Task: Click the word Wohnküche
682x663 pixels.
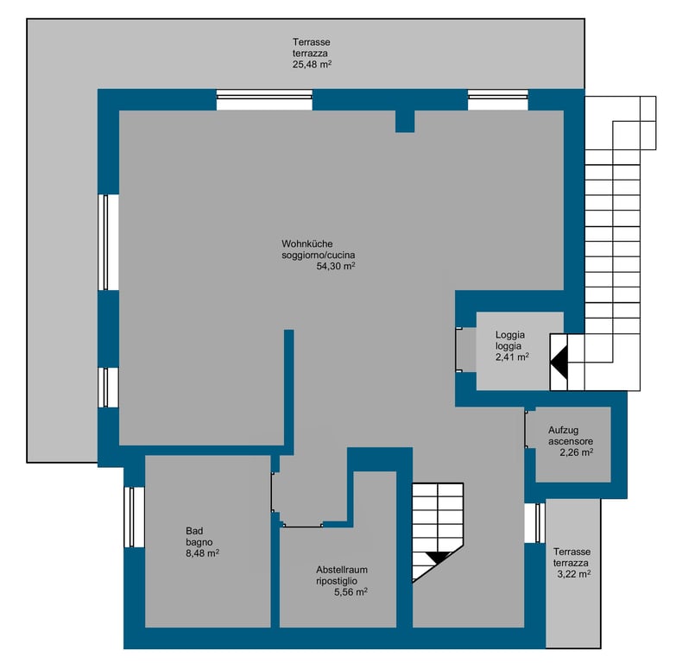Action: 307,244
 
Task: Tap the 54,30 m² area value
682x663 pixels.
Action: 336,266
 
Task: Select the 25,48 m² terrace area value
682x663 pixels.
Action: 313,65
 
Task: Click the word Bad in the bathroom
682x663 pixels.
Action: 194,531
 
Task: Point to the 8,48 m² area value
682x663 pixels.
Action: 202,553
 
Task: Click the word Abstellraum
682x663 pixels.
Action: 342,570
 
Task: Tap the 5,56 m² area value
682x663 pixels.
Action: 350,591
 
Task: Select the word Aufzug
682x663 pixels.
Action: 563,430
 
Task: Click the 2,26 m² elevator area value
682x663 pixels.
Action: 577,452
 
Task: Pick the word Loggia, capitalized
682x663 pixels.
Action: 509,335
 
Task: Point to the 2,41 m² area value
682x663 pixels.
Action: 512,357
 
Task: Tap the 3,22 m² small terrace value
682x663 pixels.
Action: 574,574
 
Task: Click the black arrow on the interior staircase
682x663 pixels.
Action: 439,557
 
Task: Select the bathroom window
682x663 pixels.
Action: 134,517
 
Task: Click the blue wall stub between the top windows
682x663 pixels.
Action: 405,121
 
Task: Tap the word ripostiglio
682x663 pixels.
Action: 337,581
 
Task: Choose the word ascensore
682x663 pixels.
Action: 571,441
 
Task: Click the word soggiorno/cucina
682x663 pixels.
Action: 318,256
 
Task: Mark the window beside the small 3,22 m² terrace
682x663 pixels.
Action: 534,523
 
